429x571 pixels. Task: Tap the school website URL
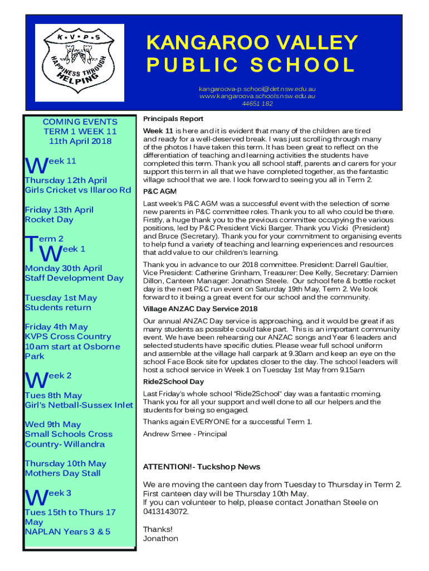[257, 96]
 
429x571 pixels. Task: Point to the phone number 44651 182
[257, 103]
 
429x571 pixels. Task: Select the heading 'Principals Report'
[173, 119]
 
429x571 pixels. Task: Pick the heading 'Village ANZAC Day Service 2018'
[201, 309]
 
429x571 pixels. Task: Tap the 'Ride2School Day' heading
[173, 382]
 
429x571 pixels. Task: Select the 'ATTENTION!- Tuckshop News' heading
[202, 467]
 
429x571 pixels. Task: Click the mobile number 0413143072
[165, 511]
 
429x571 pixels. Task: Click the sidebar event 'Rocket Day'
[49, 220]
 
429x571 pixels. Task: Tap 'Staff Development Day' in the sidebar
[74, 278]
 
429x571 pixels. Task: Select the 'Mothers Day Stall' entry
[63, 473]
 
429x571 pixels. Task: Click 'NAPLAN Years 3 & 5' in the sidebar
[67, 531]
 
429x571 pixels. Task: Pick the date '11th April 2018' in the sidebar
[80, 141]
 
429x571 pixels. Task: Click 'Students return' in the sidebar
[58, 307]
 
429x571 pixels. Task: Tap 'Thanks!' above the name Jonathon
[158, 529]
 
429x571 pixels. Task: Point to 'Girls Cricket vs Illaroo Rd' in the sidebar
[78, 190]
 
